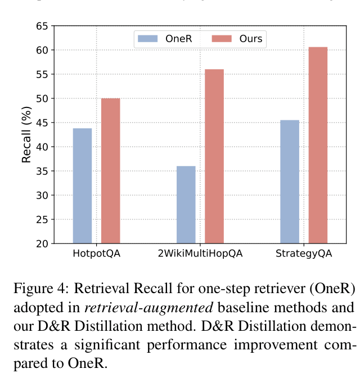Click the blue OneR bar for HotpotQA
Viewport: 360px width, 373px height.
click(82, 186)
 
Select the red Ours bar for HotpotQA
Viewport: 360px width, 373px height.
click(110, 171)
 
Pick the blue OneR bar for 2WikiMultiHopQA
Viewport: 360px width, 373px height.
click(186, 205)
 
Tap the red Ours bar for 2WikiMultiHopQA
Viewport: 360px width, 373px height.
click(214, 156)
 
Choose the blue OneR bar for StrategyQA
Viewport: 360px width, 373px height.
click(290, 182)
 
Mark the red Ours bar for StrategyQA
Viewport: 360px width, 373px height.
click(318, 145)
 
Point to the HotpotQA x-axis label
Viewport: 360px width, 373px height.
click(96, 254)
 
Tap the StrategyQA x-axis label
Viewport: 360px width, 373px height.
click(304, 254)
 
